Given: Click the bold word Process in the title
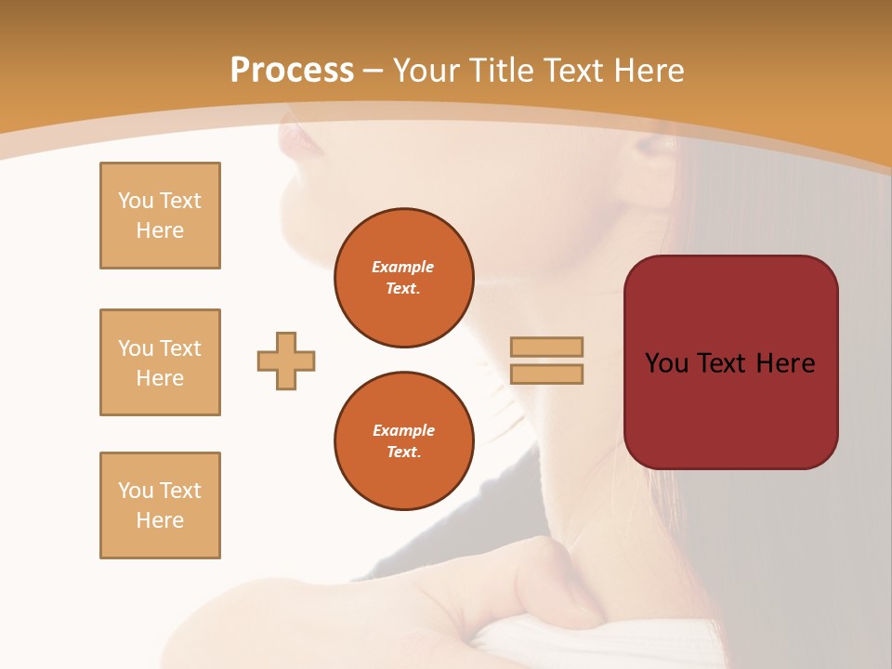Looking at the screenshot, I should click(292, 71).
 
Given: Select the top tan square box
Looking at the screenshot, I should click(160, 216).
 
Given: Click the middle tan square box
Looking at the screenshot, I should click(160, 362).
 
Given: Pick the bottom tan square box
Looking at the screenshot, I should click(160, 505).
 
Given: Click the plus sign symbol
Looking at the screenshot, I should click(286, 361).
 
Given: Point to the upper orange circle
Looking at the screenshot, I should click(403, 278).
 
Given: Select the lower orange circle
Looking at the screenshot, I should click(403, 441).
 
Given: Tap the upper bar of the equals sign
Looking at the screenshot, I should click(546, 347).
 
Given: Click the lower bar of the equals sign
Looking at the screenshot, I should click(546, 374).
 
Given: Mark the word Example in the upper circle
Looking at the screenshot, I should click(403, 267).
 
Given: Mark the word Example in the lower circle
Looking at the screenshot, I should click(403, 430).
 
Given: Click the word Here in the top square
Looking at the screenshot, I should click(160, 230).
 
